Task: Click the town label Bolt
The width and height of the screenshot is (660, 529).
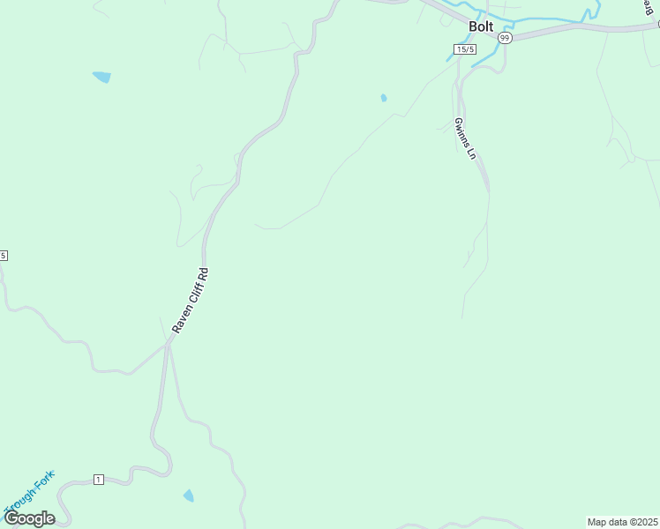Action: pos(481,26)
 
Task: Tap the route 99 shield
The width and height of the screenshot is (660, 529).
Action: pos(505,38)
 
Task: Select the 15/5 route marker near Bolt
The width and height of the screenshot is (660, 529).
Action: pos(466,49)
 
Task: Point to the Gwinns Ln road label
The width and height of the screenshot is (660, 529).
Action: pos(466,138)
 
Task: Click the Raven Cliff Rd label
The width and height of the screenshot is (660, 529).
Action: pos(191,300)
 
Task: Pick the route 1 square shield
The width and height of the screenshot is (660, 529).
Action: pos(98,479)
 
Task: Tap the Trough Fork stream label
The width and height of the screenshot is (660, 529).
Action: pos(28,494)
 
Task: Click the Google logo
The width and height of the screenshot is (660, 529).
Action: pos(29,518)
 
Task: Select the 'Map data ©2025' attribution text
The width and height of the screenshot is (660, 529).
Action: pos(621,521)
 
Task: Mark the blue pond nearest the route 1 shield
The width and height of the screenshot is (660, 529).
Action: pos(188,496)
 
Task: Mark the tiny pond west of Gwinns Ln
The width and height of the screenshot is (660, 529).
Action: pos(383,98)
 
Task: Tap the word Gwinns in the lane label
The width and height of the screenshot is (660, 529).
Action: pos(462,131)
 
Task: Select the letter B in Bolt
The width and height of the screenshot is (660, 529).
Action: pos(473,26)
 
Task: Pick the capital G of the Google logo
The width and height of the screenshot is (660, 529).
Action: pos(11,518)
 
